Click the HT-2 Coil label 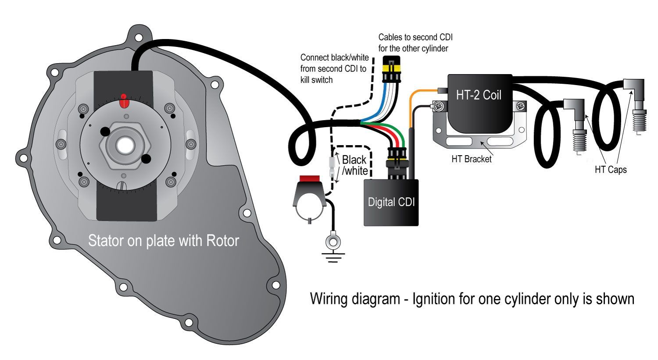[479, 95]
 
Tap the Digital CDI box [391, 203]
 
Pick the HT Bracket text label [472, 159]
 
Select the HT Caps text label [611, 170]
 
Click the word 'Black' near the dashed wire [354, 160]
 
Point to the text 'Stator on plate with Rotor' [164, 241]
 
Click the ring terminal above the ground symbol [333, 241]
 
